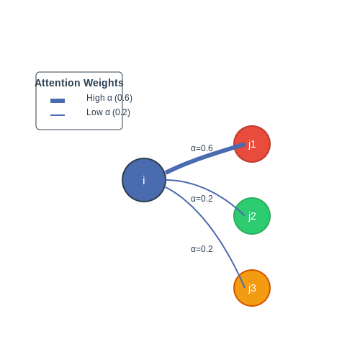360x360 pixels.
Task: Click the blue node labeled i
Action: point(144,180)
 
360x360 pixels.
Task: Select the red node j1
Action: point(252,144)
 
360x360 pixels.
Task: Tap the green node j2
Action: point(252,216)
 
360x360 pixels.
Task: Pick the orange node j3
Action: point(252,288)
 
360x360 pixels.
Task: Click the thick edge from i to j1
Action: point(204,156)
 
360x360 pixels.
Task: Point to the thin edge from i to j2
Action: point(210,191)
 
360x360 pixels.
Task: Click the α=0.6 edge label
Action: point(202,148)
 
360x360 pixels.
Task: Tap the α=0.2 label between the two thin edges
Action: point(202,199)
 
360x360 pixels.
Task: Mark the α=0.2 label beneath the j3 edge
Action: point(202,249)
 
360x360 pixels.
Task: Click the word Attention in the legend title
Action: point(58,83)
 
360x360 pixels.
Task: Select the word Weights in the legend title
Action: point(104,83)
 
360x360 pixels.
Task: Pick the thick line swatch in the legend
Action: point(58,101)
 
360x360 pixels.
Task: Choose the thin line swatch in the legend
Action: point(58,115)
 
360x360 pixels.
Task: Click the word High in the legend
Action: point(96,98)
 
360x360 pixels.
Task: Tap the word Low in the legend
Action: point(94,112)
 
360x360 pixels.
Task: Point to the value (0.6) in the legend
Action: point(123,98)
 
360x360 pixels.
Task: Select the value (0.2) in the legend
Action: point(121,112)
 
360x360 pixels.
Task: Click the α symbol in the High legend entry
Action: point(109,99)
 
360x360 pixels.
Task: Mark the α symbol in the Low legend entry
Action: point(107,113)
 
